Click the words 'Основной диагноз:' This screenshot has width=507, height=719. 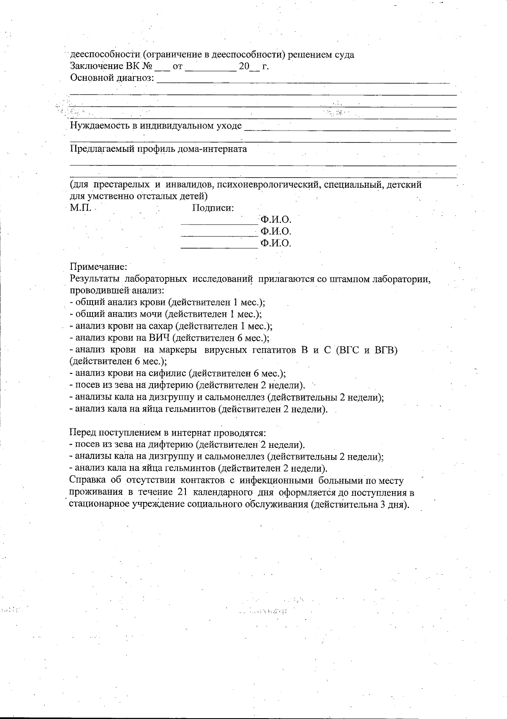[x=112, y=78]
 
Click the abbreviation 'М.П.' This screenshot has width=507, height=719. [x=80, y=208]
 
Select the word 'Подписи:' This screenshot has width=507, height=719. [x=213, y=208]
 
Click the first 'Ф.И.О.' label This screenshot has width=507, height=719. [x=276, y=220]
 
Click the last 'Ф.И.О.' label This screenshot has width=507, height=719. [x=276, y=243]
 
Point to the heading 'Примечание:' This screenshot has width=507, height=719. [x=98, y=267]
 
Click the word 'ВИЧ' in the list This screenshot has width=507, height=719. [x=159, y=338]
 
